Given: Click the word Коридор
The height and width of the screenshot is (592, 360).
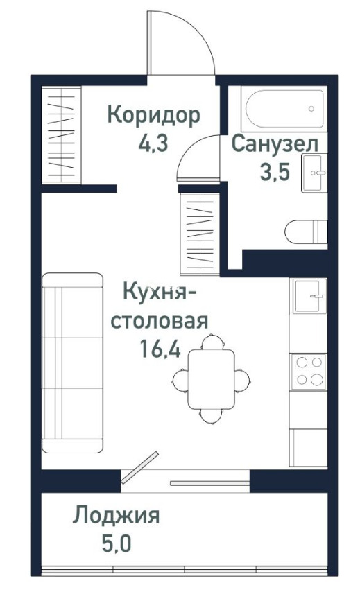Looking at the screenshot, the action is click(x=153, y=116).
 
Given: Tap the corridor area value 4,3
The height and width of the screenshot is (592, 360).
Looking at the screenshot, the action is click(x=153, y=143).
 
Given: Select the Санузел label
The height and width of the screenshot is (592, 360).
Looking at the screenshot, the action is click(x=275, y=145).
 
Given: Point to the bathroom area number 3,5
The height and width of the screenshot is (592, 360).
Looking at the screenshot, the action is click(x=274, y=172).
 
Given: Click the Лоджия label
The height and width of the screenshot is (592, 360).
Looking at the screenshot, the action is click(x=116, y=516).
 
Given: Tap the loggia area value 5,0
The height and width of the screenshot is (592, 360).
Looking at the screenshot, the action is click(x=117, y=543).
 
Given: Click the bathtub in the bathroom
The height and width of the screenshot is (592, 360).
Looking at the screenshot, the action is click(x=285, y=109).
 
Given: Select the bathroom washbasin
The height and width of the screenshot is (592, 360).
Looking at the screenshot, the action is click(x=314, y=173).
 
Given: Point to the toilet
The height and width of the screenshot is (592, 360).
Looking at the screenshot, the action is click(x=306, y=232).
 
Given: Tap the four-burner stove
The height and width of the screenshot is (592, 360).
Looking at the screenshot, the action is click(x=308, y=372).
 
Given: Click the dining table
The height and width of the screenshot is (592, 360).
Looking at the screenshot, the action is click(x=211, y=379).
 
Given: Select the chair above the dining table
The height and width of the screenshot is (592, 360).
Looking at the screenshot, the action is click(x=213, y=341).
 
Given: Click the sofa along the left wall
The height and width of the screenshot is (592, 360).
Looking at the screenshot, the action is click(x=72, y=363).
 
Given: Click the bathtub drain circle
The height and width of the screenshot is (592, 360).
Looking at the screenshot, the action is click(x=311, y=109).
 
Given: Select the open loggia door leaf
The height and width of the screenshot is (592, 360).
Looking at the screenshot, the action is click(x=139, y=467).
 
